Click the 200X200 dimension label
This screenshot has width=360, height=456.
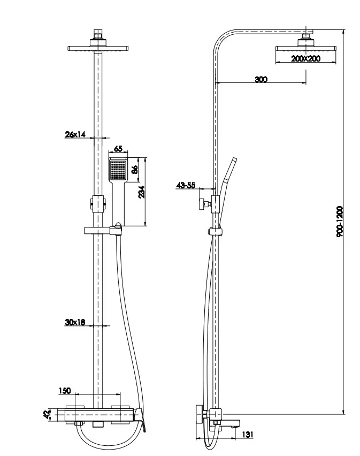pyautogui.click(x=306, y=59)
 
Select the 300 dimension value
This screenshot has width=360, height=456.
pyautogui.click(x=261, y=79)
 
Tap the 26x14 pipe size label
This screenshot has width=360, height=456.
pyautogui.click(x=75, y=134)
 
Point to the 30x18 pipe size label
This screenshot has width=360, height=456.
pyautogui.click(x=75, y=322)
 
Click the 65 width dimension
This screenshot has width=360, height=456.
pyautogui.click(x=118, y=149)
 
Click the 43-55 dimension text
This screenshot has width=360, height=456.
pyautogui.click(x=186, y=185)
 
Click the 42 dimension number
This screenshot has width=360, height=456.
pyautogui.click(x=47, y=414)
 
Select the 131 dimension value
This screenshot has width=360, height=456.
pyautogui.click(x=248, y=435)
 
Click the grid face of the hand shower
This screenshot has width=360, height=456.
pyautogui.click(x=118, y=171)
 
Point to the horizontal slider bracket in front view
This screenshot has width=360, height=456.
pyautogui.click(x=102, y=230)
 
